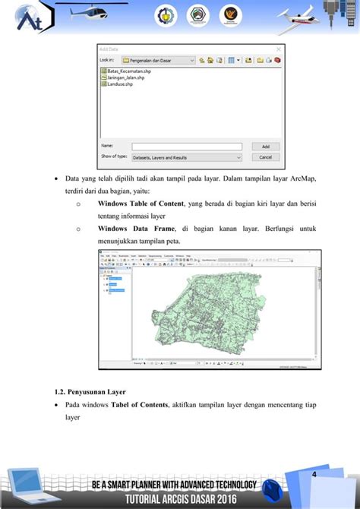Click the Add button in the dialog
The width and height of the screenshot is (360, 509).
coord(265,147)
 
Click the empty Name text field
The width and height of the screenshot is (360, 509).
coord(186,147)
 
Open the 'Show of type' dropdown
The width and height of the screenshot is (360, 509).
coord(186,157)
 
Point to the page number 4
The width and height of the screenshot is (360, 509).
coord(313,474)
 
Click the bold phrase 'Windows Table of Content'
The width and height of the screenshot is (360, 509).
coord(142,204)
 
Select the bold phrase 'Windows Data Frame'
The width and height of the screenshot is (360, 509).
coord(137,229)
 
